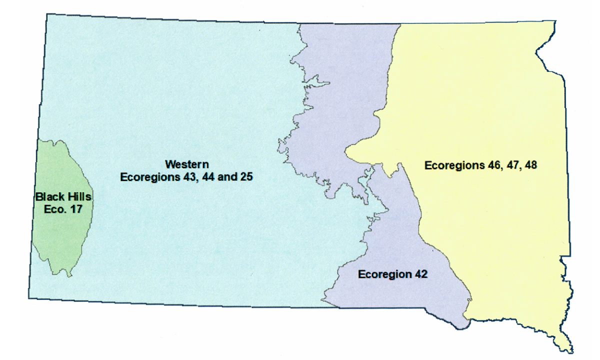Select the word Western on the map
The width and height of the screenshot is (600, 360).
(187, 164)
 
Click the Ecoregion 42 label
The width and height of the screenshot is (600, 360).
(392, 274)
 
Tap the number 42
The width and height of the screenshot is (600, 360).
(420, 274)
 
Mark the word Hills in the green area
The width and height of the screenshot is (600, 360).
(79, 197)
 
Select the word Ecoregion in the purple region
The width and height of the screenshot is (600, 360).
(383, 274)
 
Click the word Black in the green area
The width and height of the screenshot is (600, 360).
(49, 197)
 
